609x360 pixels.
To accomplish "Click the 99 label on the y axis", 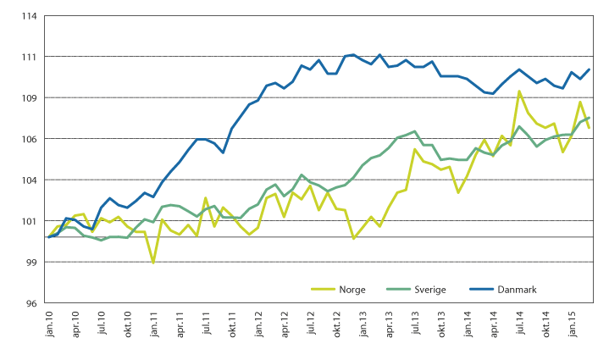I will pos(30,263).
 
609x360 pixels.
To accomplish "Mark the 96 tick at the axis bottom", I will pos(30,303).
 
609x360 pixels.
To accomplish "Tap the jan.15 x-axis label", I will pos(572,324).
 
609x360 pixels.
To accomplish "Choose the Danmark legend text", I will pos(519,290).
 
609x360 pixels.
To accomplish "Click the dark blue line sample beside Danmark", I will pos(482,290).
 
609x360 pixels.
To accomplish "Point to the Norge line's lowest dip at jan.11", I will pos(153,263).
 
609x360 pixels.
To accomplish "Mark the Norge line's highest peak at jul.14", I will pos(519,91).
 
